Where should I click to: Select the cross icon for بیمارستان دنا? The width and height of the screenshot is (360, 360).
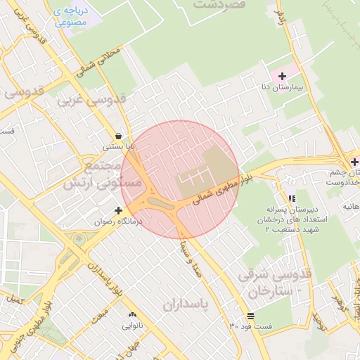click(283, 76)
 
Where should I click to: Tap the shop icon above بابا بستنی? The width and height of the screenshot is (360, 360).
click(118, 136)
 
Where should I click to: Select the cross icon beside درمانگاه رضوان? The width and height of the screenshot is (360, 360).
click(118, 210)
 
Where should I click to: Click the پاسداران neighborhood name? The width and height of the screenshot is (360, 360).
click(186, 304)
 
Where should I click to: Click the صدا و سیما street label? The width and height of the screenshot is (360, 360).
click(191, 259)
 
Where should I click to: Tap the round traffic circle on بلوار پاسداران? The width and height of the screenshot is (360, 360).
click(79, 240)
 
